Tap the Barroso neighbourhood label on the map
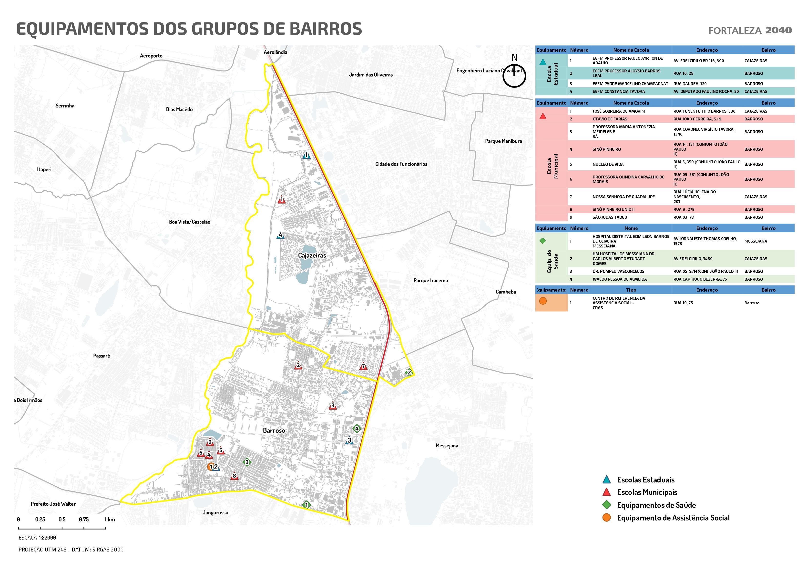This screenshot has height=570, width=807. click(274, 430)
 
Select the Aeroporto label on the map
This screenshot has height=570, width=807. click(151, 56)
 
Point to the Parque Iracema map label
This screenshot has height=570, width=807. click(430, 280)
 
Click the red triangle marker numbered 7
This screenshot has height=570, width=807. click(363, 367)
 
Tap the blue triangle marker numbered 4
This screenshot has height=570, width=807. click(280, 235)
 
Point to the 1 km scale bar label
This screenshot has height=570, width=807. click(109, 520)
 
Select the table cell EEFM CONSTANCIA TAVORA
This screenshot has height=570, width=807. click(619, 91)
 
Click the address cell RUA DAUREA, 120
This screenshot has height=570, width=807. click(690, 84)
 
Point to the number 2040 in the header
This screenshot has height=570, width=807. click(778, 30)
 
